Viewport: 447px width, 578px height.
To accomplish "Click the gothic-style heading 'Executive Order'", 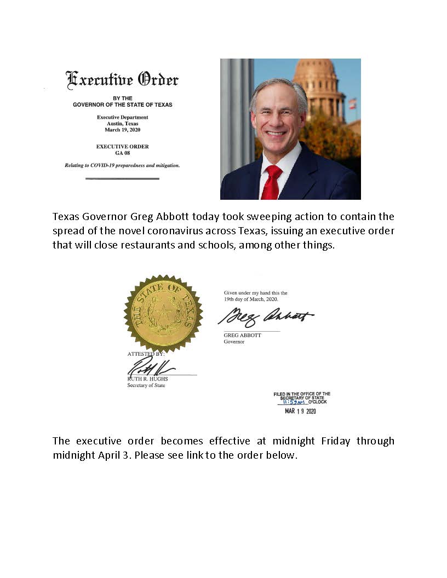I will pos(122,80).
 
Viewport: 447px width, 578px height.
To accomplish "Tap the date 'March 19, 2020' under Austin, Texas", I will pos(122,131).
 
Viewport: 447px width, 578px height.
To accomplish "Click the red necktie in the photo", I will pos(271,182).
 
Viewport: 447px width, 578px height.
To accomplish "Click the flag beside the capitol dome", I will pos(352,103).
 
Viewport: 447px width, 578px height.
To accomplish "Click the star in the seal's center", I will pos(163,315).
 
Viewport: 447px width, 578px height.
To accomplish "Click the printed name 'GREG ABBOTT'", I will pos(243,335).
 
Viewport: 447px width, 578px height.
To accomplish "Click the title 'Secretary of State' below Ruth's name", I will pos(146,385).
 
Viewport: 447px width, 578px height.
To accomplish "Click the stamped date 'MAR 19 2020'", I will pos(301,412).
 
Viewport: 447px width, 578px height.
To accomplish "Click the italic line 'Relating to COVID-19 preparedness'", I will pos(122,165).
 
